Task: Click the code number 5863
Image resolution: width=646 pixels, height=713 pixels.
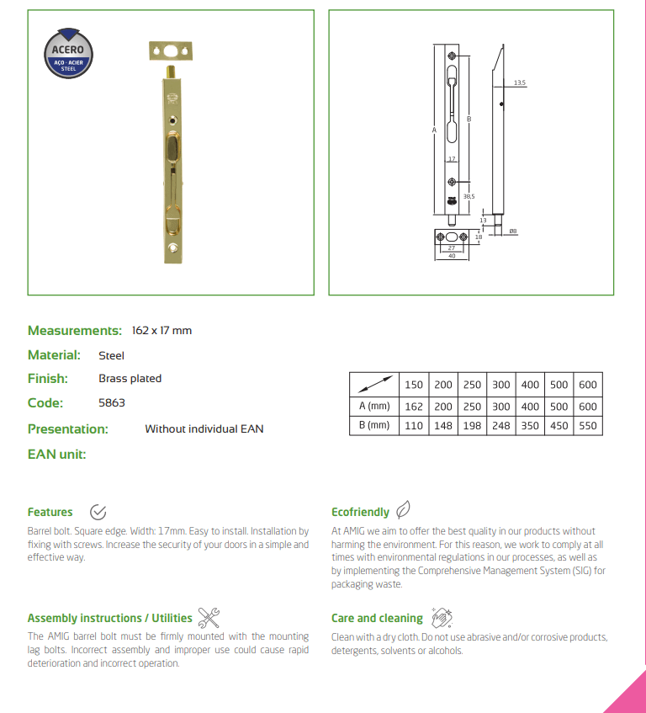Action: click(x=111, y=403)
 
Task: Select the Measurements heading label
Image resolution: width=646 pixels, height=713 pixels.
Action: click(x=74, y=330)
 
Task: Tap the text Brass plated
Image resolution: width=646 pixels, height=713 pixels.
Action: click(x=130, y=379)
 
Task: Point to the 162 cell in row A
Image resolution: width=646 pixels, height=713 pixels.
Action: click(x=414, y=406)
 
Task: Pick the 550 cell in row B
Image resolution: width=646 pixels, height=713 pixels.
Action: click(x=587, y=425)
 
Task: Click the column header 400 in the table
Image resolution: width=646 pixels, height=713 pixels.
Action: click(x=530, y=385)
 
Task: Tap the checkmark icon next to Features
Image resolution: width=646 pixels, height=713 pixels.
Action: click(x=98, y=512)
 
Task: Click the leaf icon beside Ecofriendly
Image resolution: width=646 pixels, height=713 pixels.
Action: click(x=404, y=510)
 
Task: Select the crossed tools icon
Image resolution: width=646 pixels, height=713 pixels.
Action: click(x=208, y=617)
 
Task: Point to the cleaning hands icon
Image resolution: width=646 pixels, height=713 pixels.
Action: click(x=440, y=618)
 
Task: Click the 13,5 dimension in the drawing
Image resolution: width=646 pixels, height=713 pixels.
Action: click(x=519, y=82)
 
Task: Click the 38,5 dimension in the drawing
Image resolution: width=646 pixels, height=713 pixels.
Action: click(x=469, y=195)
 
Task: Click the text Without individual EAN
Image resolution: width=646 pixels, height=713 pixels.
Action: click(x=204, y=429)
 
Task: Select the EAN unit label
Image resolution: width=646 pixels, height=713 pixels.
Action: click(x=57, y=455)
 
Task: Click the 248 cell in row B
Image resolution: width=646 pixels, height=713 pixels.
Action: click(x=501, y=425)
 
